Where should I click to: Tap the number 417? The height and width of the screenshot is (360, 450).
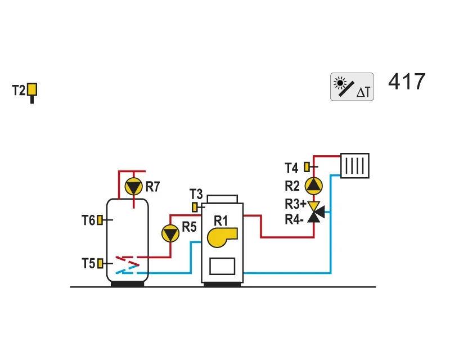coord(407,82)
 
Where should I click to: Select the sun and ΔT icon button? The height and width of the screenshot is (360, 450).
coord(352,87)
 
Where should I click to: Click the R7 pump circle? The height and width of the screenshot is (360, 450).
coord(133,187)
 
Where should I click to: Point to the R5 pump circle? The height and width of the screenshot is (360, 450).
coord(170,233)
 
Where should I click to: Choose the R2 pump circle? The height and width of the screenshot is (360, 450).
coord(313,186)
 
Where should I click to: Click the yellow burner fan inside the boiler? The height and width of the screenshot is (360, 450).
coord(222,237)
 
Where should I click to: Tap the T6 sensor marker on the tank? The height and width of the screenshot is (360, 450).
coord(100,220)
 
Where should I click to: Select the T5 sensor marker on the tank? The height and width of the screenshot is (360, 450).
coord(100,263)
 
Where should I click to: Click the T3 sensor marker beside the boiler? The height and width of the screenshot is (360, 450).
coord(195,207)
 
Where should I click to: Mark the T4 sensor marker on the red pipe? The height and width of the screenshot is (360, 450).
coord(307,167)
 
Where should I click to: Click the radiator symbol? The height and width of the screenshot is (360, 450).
coord(355,165)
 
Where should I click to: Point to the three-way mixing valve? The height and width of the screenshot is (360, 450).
coord(316,212)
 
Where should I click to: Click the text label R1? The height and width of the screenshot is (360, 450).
coord(220,221)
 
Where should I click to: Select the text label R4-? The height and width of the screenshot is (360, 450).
coord(294,219)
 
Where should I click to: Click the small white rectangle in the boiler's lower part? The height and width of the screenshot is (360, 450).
coord(222,266)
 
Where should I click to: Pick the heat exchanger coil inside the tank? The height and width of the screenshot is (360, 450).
coord(128,265)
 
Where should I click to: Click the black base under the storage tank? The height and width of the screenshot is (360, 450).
coord(128,284)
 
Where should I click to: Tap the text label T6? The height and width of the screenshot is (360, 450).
coord(88,220)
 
